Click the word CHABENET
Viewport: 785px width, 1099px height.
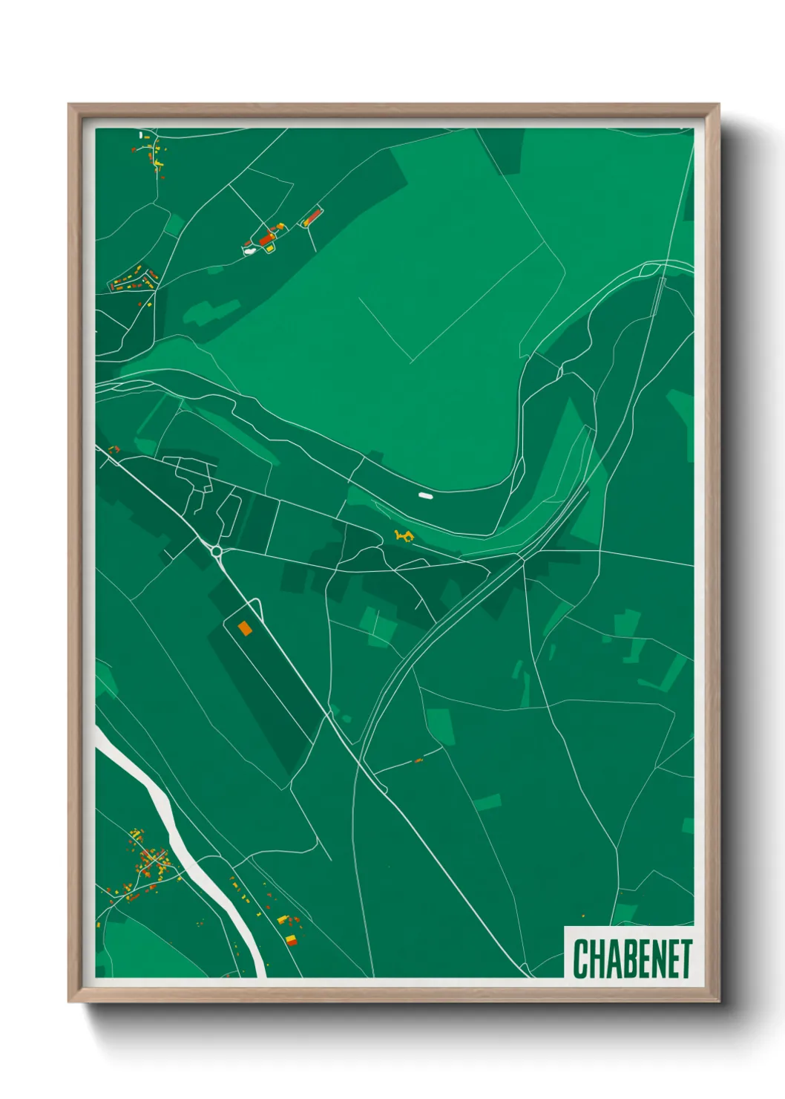coord(632,959)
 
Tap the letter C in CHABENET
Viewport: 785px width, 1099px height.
coord(580,959)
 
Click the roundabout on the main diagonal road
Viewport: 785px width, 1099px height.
coord(216,551)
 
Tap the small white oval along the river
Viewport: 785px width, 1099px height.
coord(424,495)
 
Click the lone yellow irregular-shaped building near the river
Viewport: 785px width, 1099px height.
coord(404,535)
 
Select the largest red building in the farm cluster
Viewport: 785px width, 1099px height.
coord(266,239)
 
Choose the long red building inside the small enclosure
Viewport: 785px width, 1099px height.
coord(312,218)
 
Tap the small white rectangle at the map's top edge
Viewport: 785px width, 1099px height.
coord(141,135)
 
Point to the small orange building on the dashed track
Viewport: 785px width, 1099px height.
coord(418,760)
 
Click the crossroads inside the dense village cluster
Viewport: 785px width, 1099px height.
coord(152,861)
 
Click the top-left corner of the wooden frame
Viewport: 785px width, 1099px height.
coord(69,105)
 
